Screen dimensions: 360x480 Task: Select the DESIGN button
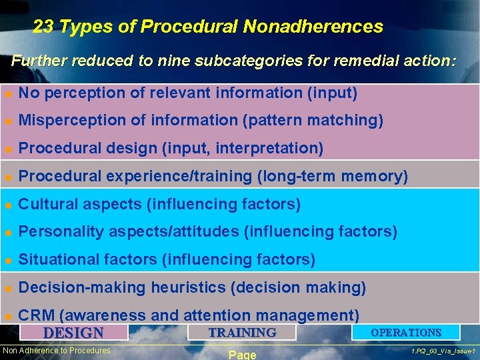point(73,333)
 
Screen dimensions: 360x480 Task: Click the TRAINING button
point(242,332)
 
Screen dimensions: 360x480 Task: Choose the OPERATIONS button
point(406,332)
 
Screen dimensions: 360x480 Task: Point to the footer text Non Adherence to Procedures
point(57,351)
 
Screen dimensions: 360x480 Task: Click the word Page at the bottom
point(242,355)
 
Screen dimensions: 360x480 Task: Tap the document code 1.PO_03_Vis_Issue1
point(443,351)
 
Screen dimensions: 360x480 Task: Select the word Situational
point(55,259)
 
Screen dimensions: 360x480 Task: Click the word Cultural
point(45,204)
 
